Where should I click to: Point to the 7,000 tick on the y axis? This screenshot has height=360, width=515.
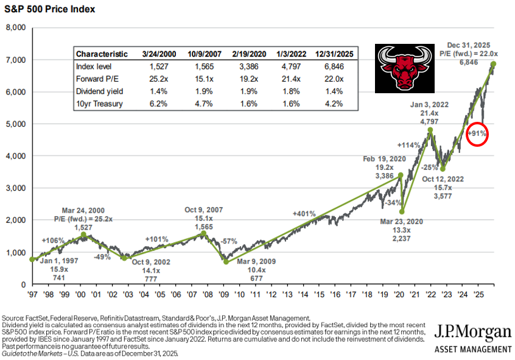click(15, 60)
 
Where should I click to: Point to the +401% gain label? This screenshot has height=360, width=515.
click(304, 214)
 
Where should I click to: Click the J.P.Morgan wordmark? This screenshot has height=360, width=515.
click(473, 333)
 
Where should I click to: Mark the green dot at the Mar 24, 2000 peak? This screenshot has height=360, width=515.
click(83, 235)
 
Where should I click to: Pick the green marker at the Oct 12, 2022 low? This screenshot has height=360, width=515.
click(443, 169)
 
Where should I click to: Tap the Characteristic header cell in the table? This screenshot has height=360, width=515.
click(102, 54)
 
